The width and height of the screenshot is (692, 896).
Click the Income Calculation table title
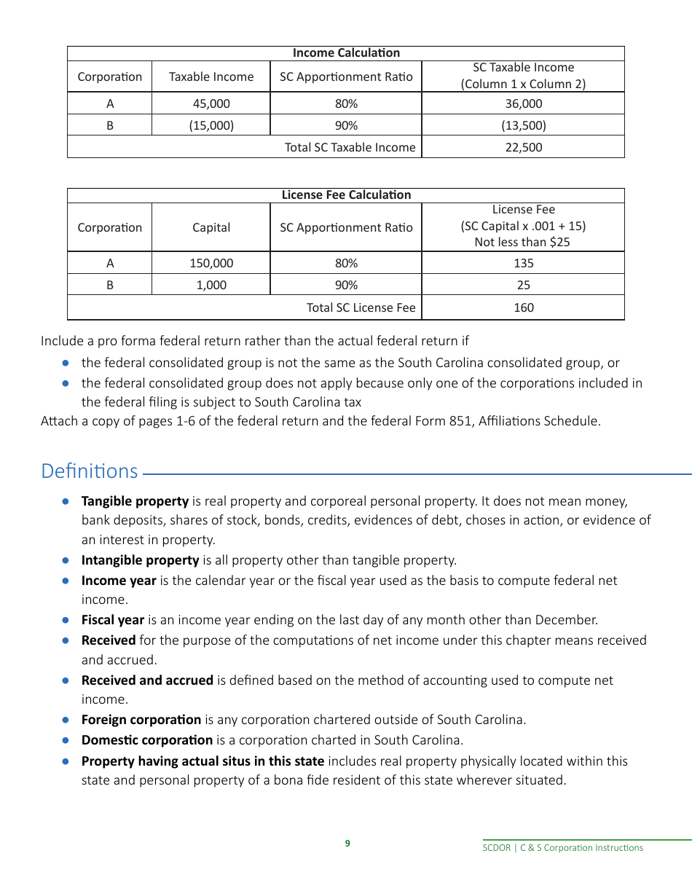[346, 53]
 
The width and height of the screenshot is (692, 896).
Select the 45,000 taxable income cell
[211, 103]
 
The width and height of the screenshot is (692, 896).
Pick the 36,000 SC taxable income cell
[523, 103]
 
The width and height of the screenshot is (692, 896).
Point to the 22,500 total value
[523, 147]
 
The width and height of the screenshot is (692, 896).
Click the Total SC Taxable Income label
[350, 147]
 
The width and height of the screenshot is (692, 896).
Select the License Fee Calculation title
[346, 195]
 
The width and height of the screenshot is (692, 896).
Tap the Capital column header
[211, 227]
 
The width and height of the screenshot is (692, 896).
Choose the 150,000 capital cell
[211, 263]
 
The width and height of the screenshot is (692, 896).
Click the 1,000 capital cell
[211, 285]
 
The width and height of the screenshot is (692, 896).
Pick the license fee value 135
[523, 263]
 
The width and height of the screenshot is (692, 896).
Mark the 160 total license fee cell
[523, 307]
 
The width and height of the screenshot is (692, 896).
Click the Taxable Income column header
[211, 76]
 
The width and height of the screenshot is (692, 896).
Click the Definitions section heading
[90, 471]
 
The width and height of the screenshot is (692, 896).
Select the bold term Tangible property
[135, 501]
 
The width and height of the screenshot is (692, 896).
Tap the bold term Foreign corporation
[141, 720]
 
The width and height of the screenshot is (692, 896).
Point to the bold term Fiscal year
[113, 620]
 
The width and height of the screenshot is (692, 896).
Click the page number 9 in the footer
[347, 844]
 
